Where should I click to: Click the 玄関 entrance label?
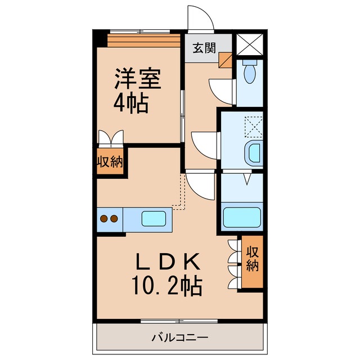tap(204, 47)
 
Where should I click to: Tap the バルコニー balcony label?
tap(179, 337)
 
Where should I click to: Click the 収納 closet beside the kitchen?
tap(110, 163)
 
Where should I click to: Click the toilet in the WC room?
tap(249, 72)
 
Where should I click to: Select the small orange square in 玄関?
tap(226, 59)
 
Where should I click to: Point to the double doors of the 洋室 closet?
tap(110, 137)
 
